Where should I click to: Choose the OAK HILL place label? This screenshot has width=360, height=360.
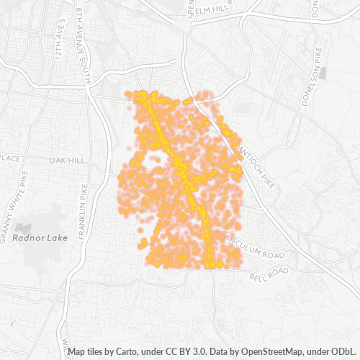click(x=66, y=160)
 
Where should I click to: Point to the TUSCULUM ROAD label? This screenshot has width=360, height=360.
click(x=255, y=248)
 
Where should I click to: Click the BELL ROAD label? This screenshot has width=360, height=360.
click(x=269, y=274)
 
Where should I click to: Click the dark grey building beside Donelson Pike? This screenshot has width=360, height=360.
click(x=325, y=73)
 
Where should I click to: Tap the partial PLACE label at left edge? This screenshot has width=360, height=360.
click(x=10, y=158)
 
